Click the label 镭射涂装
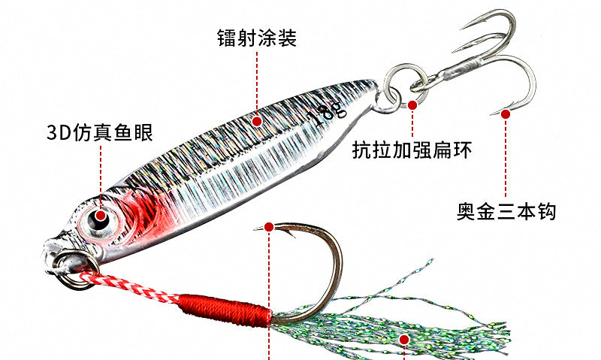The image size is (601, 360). [257, 38]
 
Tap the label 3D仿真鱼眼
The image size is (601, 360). [100, 132]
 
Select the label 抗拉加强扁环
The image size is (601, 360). [412, 150]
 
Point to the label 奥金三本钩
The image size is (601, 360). [506, 211]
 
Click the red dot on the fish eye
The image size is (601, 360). [101, 216]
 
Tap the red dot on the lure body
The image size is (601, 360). [257, 122]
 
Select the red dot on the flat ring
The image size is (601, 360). [412, 104]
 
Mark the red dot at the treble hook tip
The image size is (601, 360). [506, 114]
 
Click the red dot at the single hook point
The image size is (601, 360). [269, 227]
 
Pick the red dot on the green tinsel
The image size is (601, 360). [404, 339]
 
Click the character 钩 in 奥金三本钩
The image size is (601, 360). [546, 211]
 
